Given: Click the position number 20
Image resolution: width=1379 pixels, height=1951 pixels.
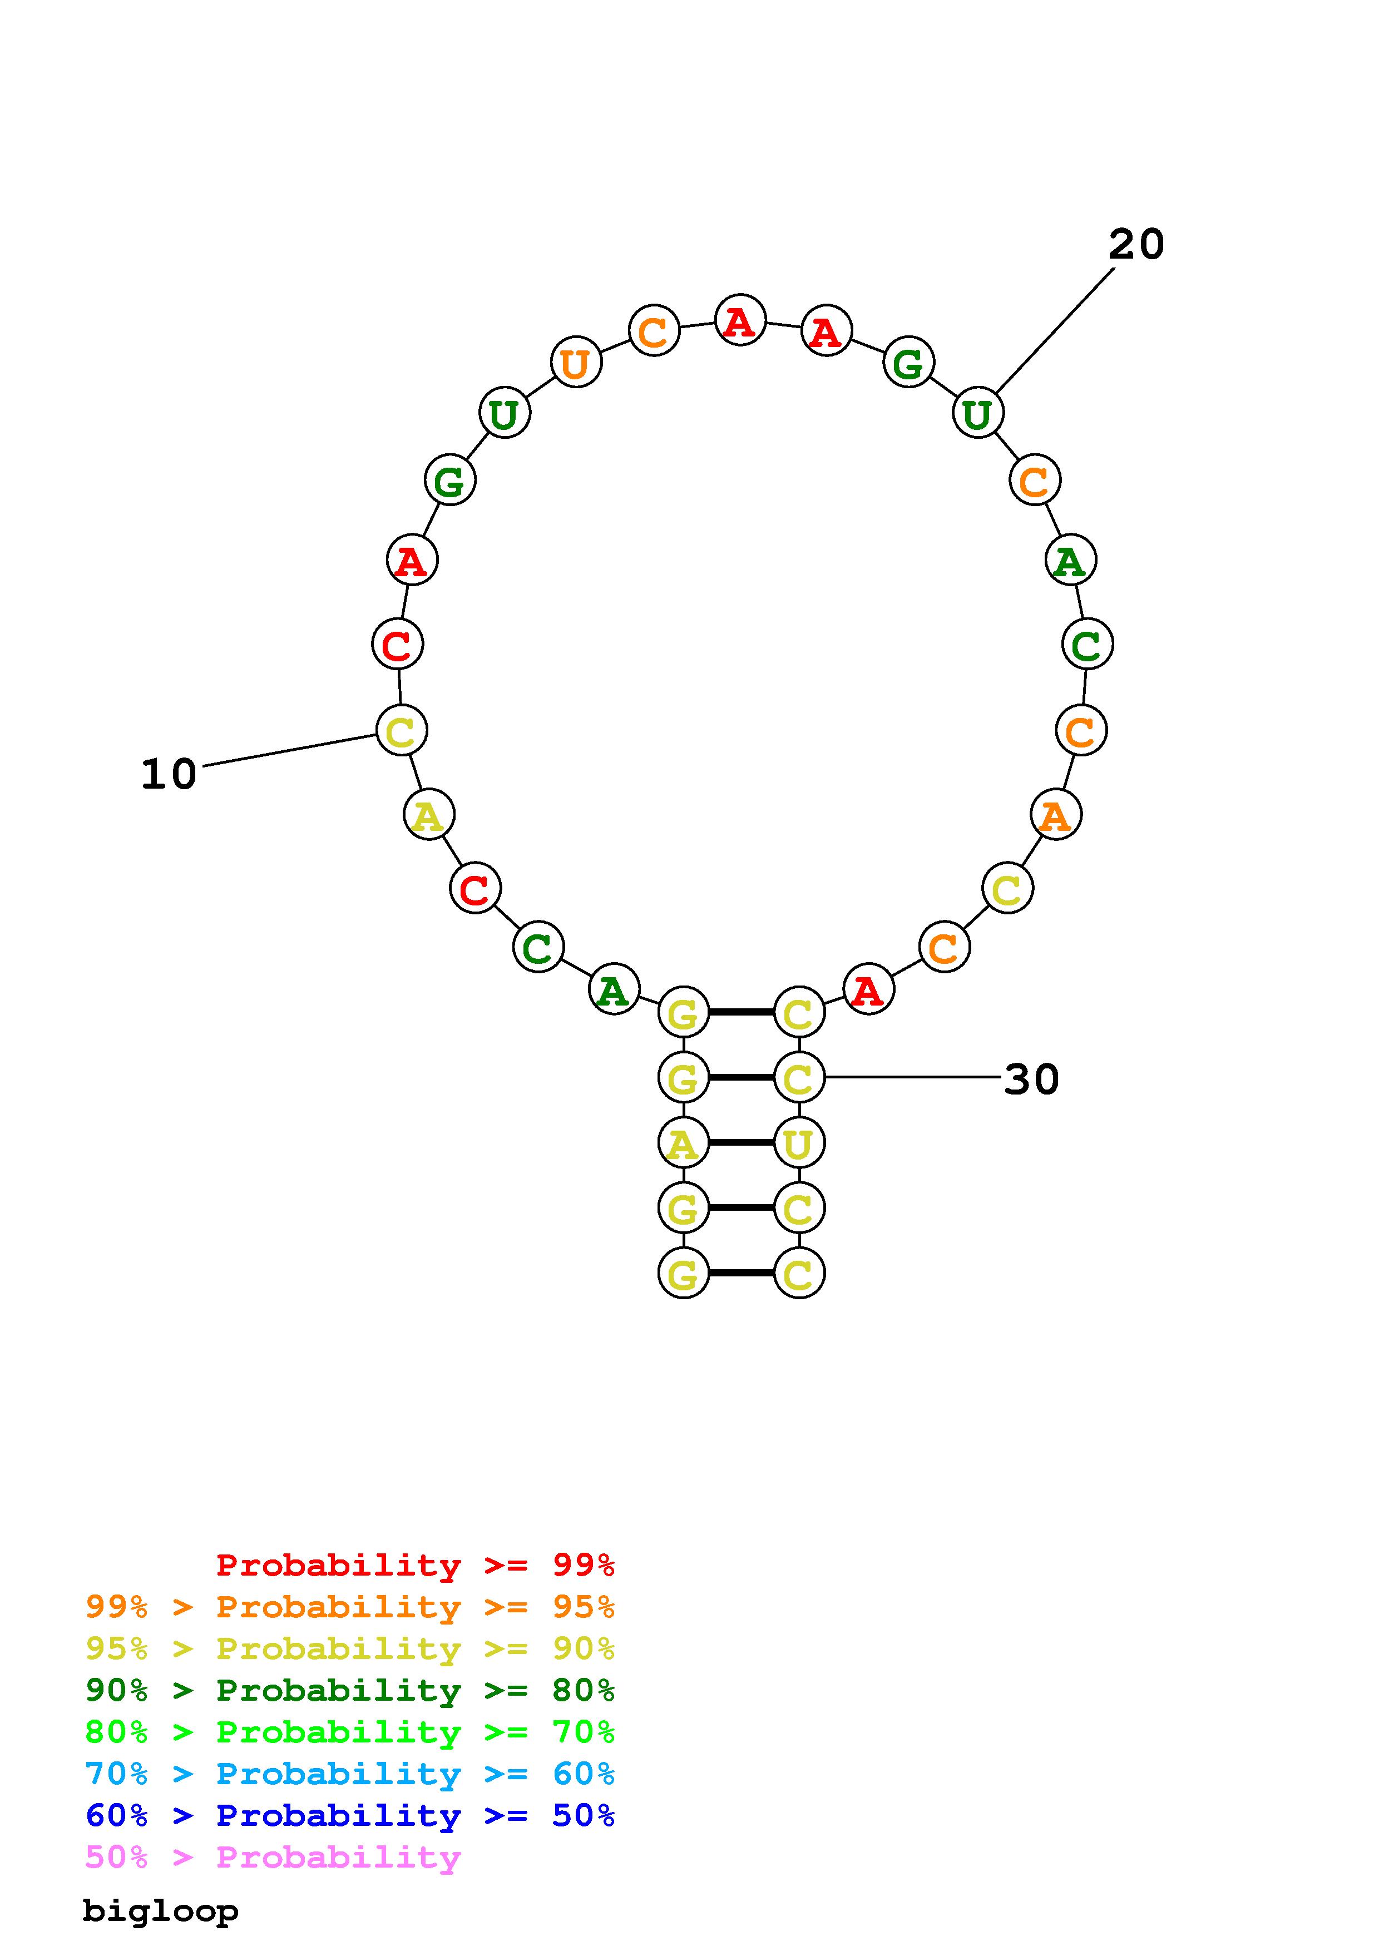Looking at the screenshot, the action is click(x=1136, y=245).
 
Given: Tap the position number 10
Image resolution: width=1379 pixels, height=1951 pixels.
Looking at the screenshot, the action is click(x=168, y=774).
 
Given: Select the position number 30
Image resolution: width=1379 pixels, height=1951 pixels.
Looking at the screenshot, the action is click(x=1031, y=1079).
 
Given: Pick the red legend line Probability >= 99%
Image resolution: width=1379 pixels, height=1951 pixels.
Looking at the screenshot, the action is click(x=416, y=1564).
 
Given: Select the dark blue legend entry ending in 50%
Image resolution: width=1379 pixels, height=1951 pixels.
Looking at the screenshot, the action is click(x=349, y=1815).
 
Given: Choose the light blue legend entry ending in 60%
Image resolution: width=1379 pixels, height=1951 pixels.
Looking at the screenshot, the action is click(x=349, y=1774).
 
